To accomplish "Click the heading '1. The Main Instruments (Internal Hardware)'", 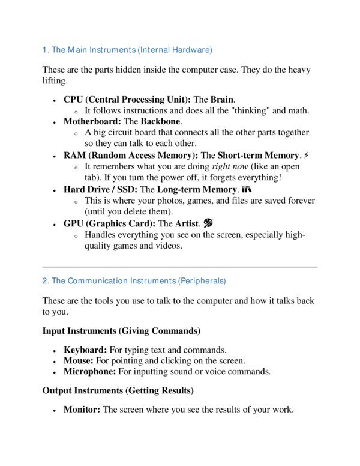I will (x=127, y=49).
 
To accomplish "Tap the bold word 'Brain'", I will (x=222, y=99).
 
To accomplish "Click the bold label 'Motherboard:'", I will (x=92, y=121).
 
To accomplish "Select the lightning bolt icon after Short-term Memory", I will (x=307, y=155).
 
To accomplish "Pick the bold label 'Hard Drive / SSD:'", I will (x=101, y=189).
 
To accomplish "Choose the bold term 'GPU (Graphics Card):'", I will (x=109, y=223).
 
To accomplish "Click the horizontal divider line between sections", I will (x=179, y=267).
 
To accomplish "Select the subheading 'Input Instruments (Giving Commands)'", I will (x=121, y=331).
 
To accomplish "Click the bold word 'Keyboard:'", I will (x=85, y=349).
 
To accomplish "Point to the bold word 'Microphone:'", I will (x=90, y=372).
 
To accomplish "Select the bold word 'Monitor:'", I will (x=82, y=410).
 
